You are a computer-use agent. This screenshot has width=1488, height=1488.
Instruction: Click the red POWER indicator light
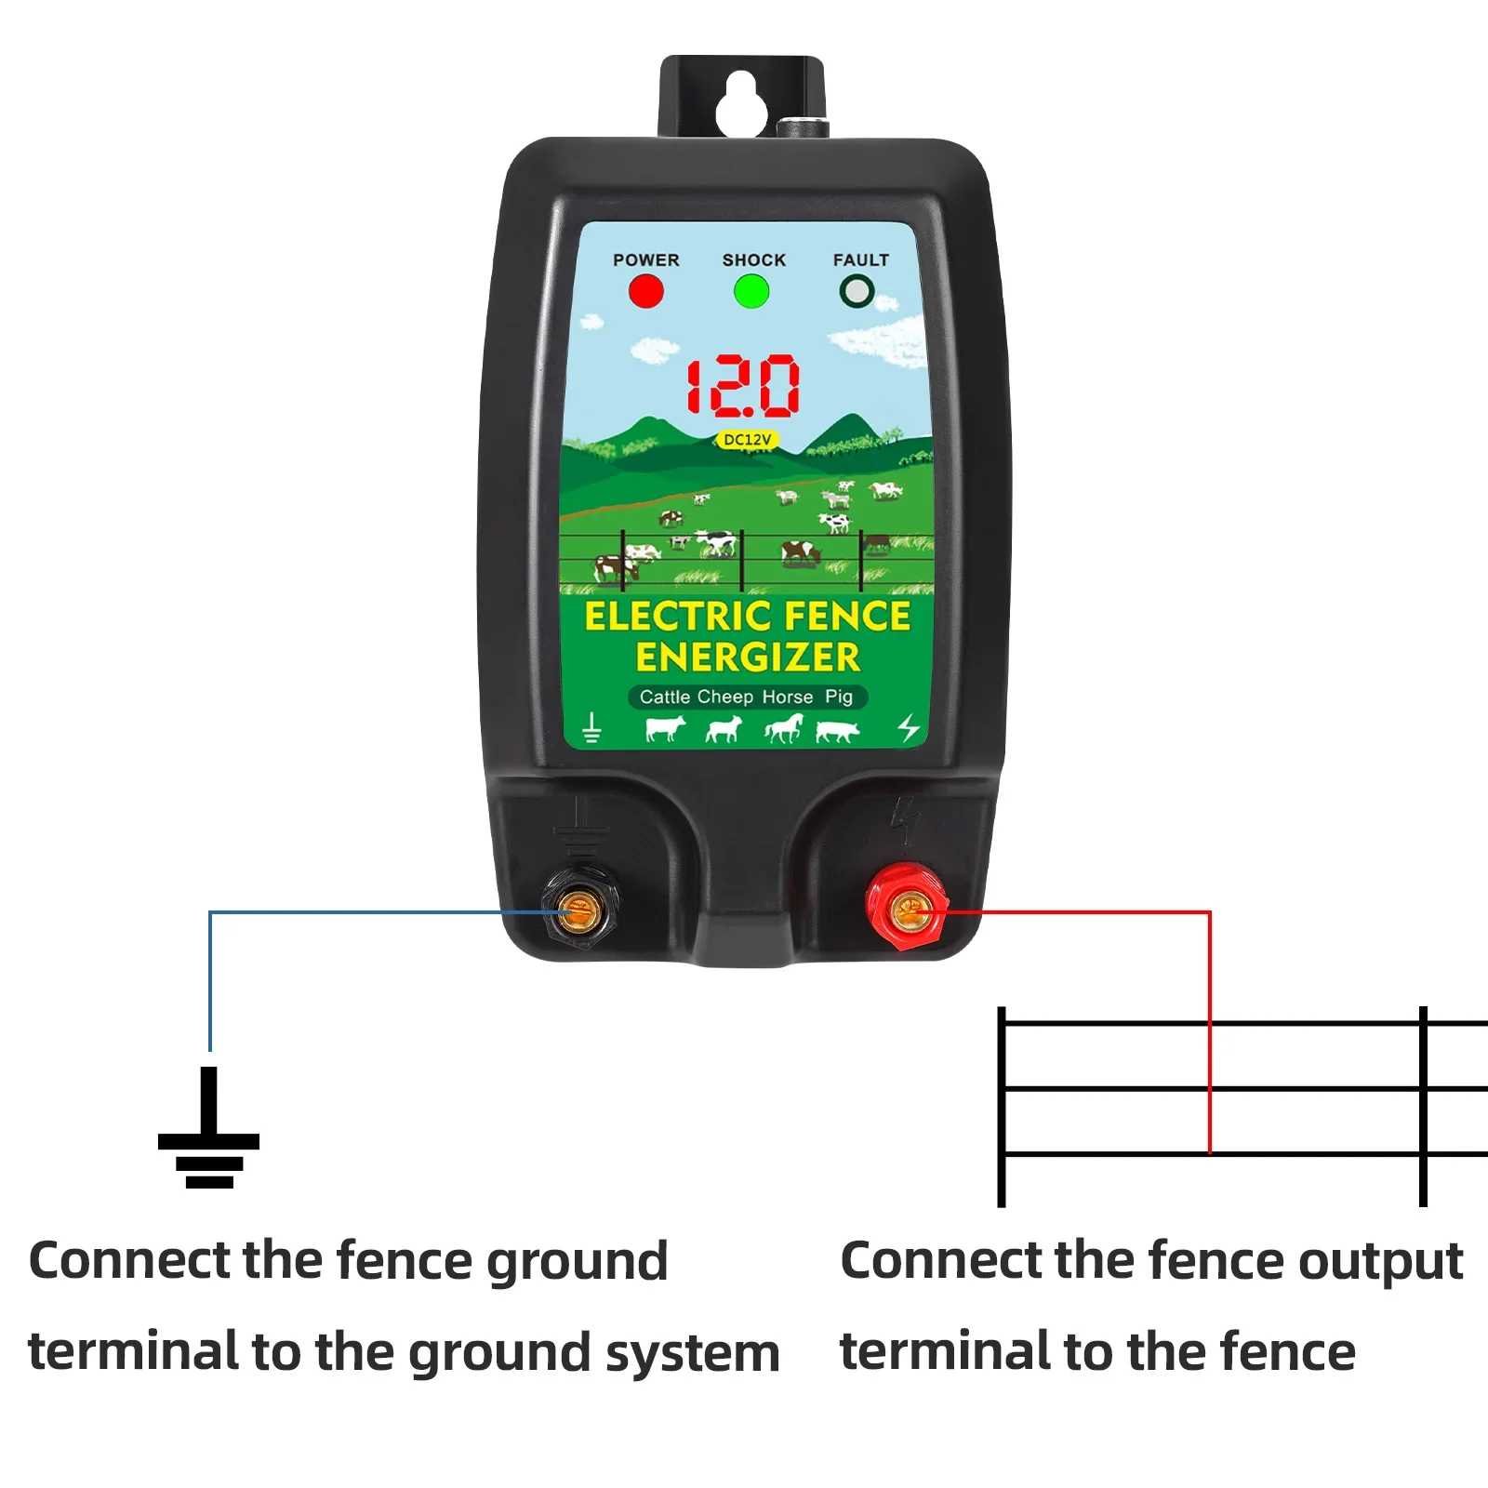point(646,291)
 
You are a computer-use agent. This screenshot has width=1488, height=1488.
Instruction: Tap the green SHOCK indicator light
point(751,291)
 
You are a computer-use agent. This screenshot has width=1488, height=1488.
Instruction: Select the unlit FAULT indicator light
point(857,291)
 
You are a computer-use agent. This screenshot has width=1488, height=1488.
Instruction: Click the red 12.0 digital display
point(743,386)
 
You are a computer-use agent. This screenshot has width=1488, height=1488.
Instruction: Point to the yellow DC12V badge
point(747,440)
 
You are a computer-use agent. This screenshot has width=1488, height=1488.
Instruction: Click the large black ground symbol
point(209,1130)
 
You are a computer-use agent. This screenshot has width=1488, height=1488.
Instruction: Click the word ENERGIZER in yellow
point(748,658)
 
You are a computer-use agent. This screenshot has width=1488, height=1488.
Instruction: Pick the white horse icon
point(783,728)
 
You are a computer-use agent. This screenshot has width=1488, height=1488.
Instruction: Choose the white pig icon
point(837,731)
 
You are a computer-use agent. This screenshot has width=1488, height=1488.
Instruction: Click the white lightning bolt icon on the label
point(909,728)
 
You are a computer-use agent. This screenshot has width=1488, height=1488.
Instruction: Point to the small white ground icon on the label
point(591,728)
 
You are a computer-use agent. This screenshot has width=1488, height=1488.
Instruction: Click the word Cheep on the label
point(724,697)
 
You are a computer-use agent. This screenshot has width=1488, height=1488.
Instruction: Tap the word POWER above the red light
point(645,260)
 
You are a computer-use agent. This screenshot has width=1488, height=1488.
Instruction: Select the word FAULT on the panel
point(860,260)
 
